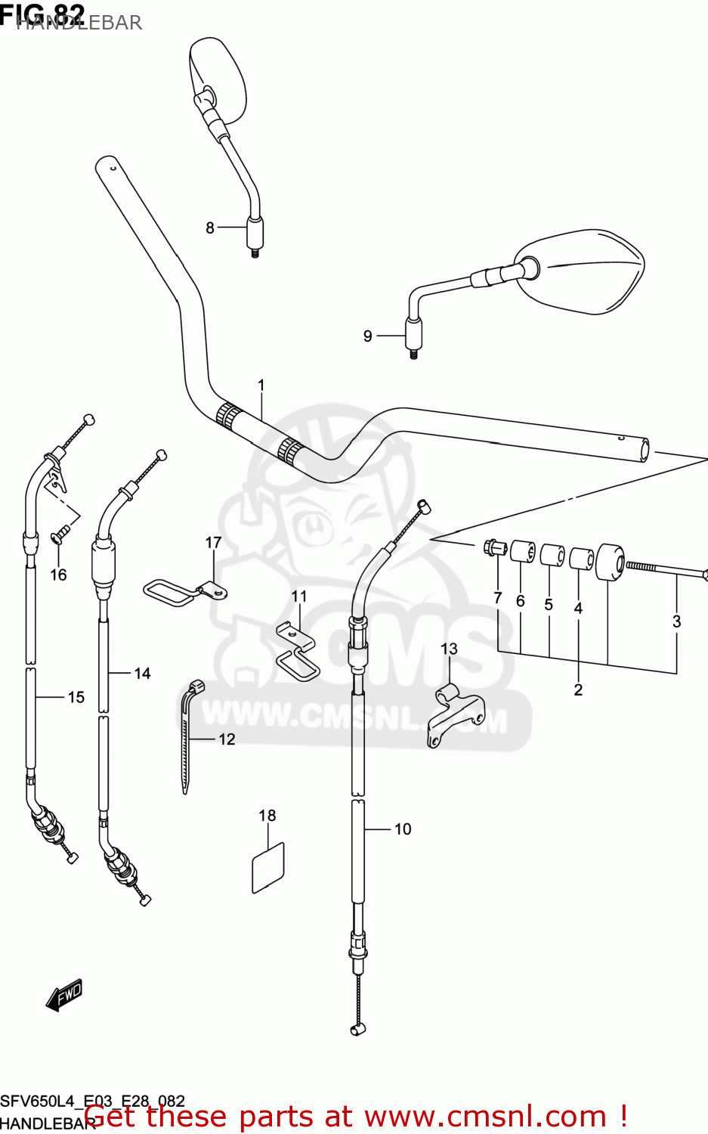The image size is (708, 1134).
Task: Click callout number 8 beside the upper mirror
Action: (210, 228)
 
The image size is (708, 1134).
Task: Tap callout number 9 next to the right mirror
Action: (368, 336)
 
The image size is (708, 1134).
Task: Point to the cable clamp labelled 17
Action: (182, 592)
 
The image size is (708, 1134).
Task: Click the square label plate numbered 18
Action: (268, 868)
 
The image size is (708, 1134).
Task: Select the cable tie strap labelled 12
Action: (187, 733)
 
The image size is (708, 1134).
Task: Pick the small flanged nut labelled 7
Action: (492, 547)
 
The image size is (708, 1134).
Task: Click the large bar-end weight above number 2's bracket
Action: (610, 562)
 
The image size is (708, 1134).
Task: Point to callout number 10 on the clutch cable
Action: (403, 829)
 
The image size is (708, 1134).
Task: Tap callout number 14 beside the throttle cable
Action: (142, 673)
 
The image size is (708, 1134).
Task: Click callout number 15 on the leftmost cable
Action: (76, 697)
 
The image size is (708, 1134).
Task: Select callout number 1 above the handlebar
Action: (261, 386)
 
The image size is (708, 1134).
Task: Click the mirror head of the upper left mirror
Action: (219, 79)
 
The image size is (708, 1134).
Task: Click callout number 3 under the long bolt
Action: (676, 621)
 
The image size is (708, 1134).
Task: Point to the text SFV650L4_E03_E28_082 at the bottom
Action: (92, 1101)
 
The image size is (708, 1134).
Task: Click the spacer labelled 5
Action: (552, 555)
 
